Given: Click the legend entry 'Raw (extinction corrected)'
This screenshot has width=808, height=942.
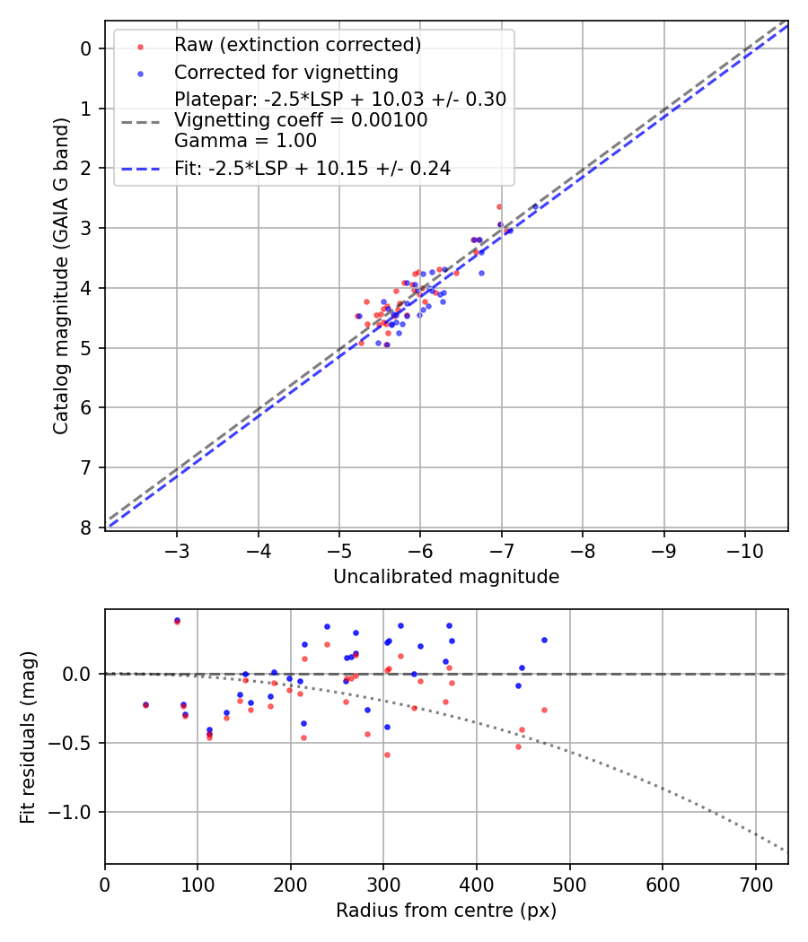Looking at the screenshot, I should click(297, 44).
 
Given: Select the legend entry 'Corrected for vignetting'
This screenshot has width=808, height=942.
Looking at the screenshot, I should click(285, 72).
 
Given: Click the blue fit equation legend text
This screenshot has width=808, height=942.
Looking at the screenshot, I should click(312, 168).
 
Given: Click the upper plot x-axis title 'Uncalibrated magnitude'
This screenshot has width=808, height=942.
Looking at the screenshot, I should click(446, 577).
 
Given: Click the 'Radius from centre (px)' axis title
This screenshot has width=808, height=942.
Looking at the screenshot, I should click(446, 911).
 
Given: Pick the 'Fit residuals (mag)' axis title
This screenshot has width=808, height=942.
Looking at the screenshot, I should click(28, 737).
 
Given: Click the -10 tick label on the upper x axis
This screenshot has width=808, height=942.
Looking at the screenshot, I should click(744, 548).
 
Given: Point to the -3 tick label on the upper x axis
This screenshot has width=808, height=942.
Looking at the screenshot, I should click(177, 548).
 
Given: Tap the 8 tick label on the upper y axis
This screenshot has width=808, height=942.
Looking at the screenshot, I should click(86, 528).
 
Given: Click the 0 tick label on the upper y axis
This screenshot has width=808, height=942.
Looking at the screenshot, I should click(86, 48).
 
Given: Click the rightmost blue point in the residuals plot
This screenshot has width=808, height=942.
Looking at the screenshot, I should click(544, 640).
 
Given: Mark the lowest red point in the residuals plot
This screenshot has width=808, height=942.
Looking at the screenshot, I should click(387, 754).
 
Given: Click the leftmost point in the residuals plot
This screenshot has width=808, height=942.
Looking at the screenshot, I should click(145, 705).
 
